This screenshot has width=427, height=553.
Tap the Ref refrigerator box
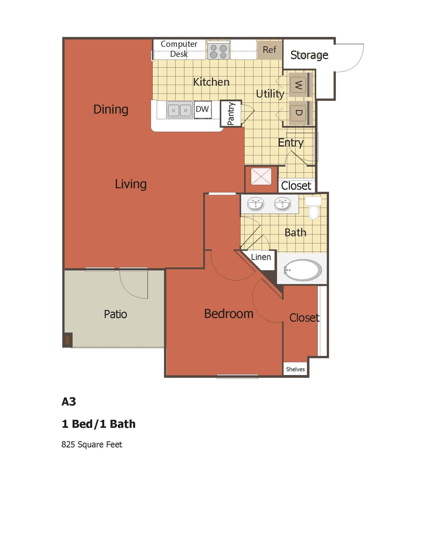tap(270, 50)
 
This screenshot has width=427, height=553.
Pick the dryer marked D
tap(298, 113)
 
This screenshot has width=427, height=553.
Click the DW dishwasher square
tap(203, 110)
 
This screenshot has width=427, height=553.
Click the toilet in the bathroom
tap(313, 208)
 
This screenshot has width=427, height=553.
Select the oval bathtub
tap(303, 270)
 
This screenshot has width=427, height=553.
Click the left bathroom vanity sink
tap(255, 204)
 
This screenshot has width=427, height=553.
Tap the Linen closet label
tap(261, 257)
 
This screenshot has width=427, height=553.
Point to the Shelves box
tap(295, 369)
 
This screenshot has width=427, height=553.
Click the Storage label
tap(309, 55)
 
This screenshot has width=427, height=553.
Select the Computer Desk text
tap(179, 49)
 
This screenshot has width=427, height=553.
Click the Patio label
tap(115, 314)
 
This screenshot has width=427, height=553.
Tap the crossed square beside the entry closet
tap(261, 176)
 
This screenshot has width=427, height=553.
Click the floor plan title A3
tap(69, 402)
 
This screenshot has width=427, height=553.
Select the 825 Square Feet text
tap(92, 444)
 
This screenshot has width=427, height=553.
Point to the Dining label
tap(111, 109)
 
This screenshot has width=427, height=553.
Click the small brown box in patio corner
tap(67, 340)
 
